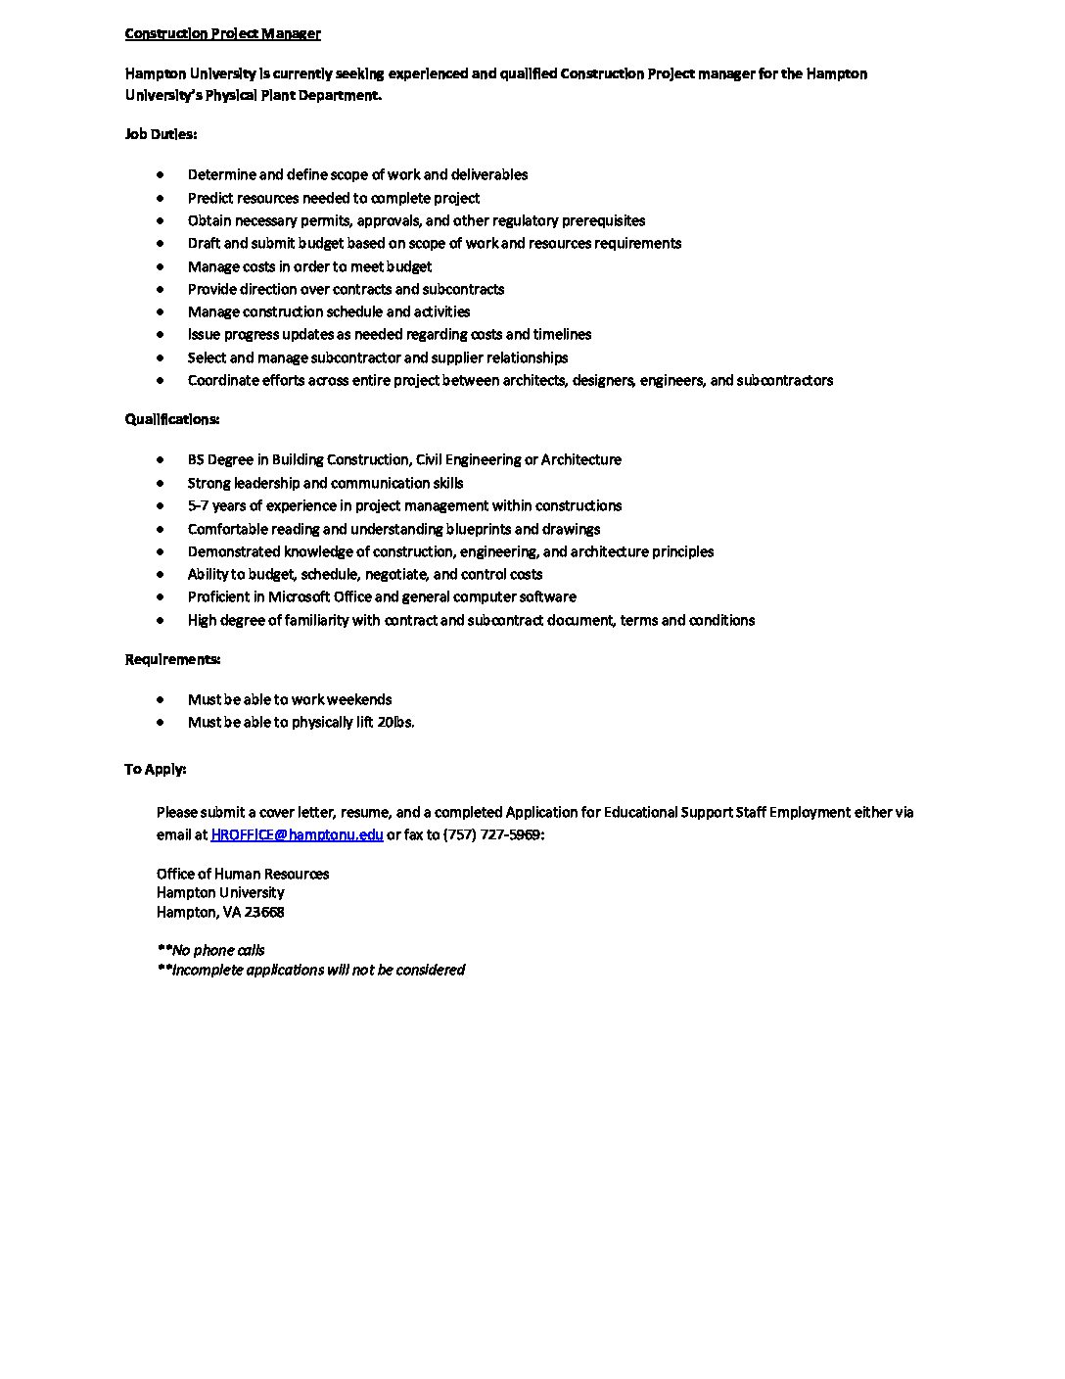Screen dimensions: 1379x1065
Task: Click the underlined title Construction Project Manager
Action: tap(222, 34)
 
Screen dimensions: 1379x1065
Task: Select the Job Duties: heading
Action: tap(161, 134)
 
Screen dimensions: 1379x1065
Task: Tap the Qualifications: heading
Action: tap(171, 419)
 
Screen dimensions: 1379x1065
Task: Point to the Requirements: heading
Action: tap(172, 659)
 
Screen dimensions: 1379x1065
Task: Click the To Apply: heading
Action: tap(155, 769)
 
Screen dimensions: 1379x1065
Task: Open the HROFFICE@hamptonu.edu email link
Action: tap(297, 834)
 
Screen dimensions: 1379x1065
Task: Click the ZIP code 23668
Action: tap(264, 912)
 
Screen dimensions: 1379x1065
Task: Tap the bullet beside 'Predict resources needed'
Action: tap(161, 198)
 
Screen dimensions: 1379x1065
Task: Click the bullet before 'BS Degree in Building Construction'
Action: tap(161, 459)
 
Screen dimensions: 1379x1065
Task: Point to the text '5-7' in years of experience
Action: tap(199, 505)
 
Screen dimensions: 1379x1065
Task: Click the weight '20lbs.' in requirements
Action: tap(395, 722)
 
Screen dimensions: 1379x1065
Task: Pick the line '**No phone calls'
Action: tap(210, 950)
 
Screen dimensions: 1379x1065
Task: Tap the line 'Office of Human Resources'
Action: tap(243, 874)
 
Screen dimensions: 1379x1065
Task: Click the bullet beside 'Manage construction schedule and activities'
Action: tap(161, 311)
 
